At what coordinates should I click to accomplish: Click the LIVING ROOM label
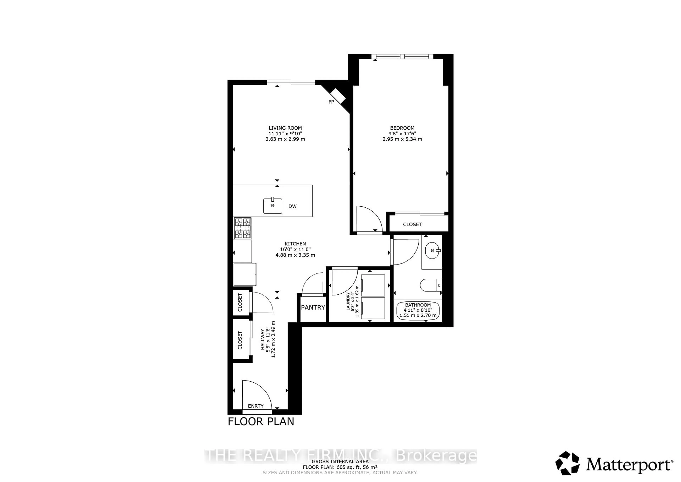point(285,128)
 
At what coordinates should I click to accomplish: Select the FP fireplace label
point(331,102)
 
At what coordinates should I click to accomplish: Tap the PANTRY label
point(313,308)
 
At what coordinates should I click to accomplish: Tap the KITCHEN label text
point(295,244)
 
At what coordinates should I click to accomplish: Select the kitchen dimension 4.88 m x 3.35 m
point(295,255)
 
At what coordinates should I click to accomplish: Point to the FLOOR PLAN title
point(261,421)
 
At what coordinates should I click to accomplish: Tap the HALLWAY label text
point(262,339)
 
